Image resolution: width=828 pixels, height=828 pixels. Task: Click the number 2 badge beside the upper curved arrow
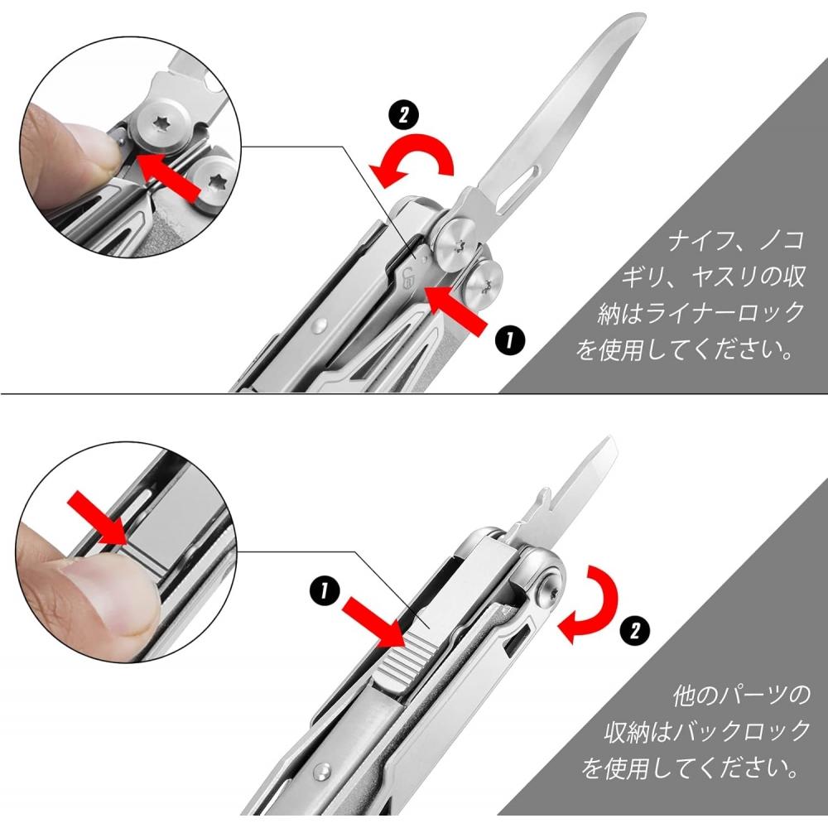403,115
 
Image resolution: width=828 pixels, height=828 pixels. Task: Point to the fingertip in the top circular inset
66,145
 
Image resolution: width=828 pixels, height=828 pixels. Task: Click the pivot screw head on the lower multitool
550,590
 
